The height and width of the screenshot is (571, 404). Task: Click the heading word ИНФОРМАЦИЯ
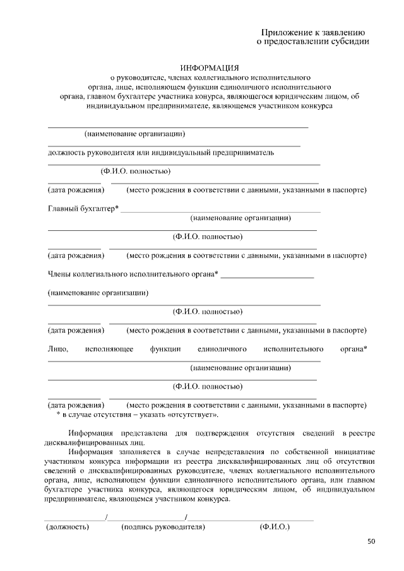210,68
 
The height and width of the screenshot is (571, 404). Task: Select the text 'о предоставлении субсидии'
312,42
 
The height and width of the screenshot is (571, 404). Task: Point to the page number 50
371,541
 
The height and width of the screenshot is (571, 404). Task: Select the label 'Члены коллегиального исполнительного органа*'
133,274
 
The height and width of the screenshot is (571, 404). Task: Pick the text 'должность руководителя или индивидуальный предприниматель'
161,152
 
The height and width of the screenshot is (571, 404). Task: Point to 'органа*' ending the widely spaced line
353,349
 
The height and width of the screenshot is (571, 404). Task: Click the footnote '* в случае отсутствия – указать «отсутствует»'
138,415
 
